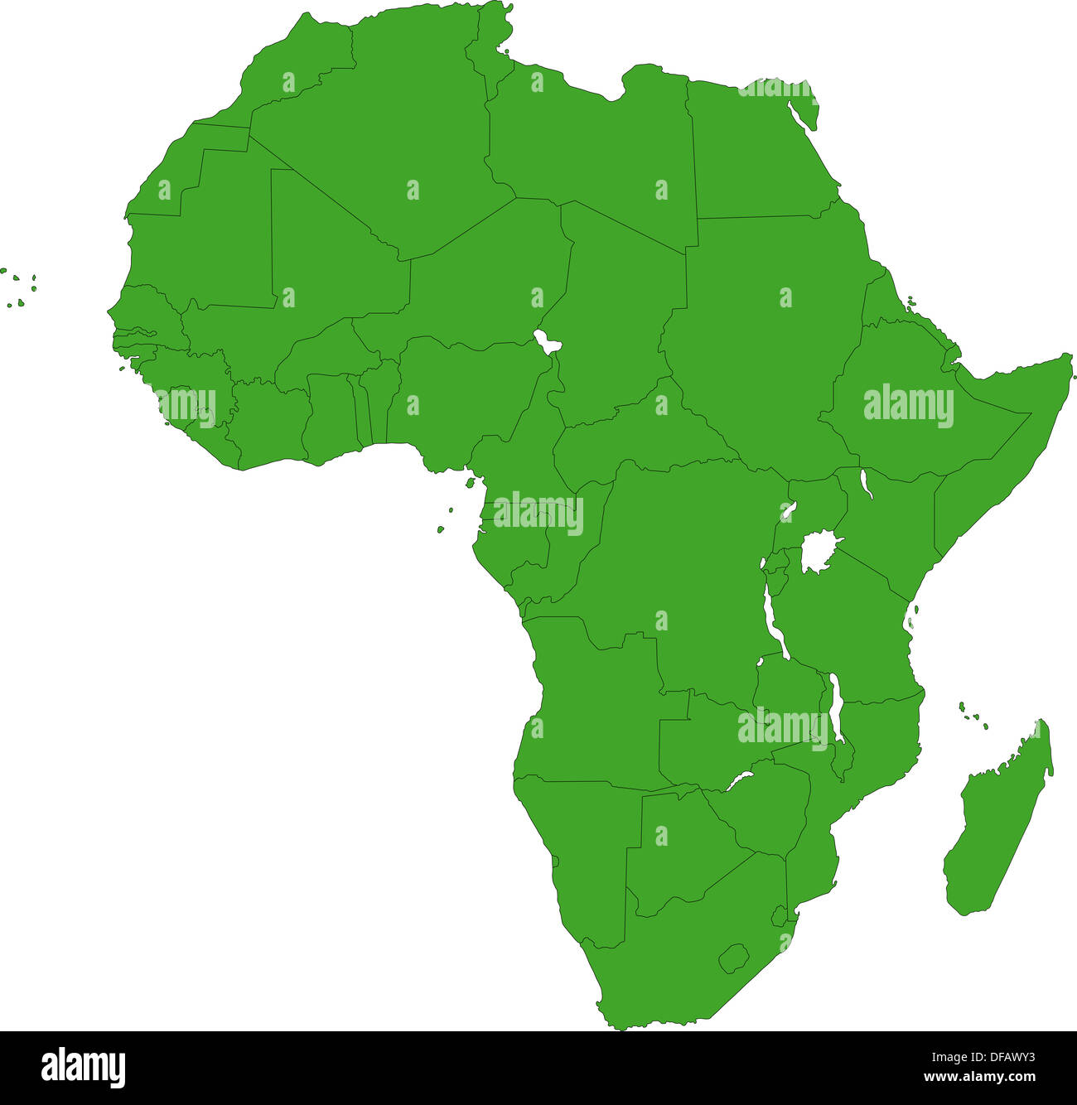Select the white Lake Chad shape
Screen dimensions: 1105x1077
[x=545, y=341]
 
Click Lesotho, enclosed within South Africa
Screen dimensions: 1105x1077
[x=733, y=958]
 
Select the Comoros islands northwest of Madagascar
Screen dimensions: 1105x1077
[x=973, y=716]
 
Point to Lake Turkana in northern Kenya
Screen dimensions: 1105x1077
[x=866, y=484]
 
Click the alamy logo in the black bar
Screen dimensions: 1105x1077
[x=83, y=1067]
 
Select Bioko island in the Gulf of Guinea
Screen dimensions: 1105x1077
[x=470, y=482]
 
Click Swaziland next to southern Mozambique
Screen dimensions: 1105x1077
[x=779, y=916]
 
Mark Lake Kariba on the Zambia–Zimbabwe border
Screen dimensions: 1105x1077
[x=740, y=779]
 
